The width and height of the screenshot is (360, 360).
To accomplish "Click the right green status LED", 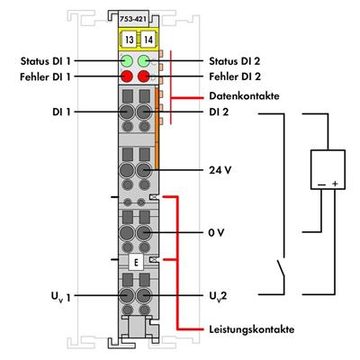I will [x=144, y=62].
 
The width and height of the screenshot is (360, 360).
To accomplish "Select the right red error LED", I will [x=144, y=77].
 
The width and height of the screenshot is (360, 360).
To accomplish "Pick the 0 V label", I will [x=215, y=232].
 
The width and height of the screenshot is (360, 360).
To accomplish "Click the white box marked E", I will [x=135, y=262].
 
